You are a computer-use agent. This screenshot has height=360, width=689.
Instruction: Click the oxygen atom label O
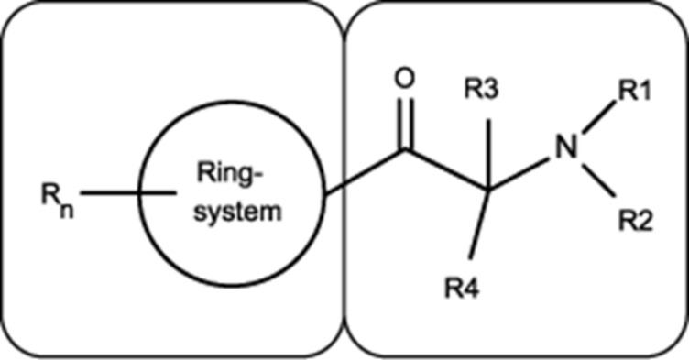point(404,80)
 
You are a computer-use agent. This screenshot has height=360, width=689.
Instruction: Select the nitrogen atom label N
point(566,147)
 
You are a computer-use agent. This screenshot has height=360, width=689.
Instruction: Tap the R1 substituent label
point(635,92)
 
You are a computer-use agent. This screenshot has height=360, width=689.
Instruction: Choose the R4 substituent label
point(461,290)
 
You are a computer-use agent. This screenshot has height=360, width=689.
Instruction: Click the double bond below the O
point(406,125)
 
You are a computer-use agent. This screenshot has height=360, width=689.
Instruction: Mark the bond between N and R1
point(598,117)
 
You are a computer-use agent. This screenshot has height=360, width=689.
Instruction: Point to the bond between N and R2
point(598,180)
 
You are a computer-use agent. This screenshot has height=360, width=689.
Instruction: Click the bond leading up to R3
point(488,154)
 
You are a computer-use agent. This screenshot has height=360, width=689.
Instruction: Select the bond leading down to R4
point(479,224)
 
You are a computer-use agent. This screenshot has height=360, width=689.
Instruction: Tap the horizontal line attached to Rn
point(128,192)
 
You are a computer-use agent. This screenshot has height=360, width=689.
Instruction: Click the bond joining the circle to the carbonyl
point(365,172)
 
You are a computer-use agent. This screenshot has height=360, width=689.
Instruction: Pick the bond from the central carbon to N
point(519,174)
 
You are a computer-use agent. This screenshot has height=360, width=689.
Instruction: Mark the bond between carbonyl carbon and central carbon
point(447,170)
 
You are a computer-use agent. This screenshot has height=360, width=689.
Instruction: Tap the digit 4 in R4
point(470,290)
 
